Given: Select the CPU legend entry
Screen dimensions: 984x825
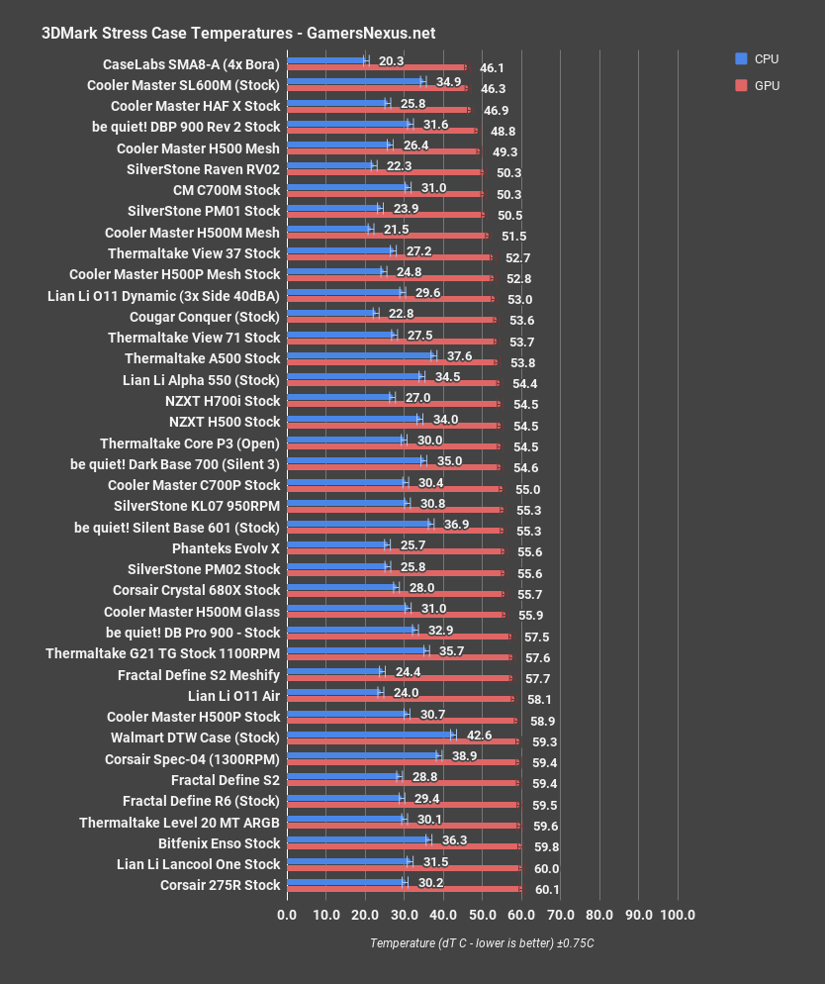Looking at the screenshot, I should point(758,59).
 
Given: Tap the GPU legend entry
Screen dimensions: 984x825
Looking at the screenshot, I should point(758,86).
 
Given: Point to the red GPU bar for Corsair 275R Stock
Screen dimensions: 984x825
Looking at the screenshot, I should point(404,889).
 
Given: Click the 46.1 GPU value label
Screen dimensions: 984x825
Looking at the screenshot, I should point(492,68).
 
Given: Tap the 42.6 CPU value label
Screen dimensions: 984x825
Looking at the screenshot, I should point(479,735).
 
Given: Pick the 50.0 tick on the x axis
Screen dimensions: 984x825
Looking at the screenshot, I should point(482,914).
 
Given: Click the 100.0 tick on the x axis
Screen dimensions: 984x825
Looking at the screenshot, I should point(678,914).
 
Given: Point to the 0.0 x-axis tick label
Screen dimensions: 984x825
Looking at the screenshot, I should point(287,914).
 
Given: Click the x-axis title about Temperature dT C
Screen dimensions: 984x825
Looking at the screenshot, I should point(482,943).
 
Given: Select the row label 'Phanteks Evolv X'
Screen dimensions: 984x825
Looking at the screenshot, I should point(227,547).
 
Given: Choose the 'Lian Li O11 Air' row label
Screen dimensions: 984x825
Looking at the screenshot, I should point(234,695).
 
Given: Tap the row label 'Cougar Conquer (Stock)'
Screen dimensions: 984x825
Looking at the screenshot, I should point(205,317).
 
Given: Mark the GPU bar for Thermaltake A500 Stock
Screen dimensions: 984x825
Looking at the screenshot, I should point(391,362).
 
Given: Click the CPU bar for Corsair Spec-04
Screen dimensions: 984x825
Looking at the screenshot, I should point(363,755).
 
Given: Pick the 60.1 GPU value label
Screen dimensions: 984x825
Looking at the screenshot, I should point(547,889).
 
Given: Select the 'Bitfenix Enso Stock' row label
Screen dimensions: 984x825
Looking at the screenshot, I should point(220,843).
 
